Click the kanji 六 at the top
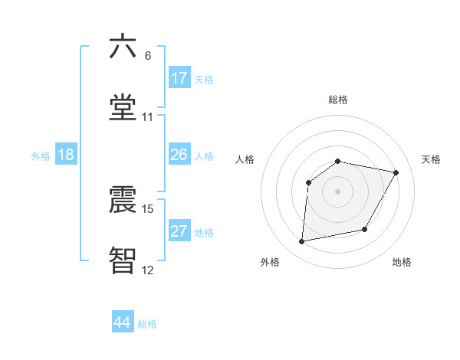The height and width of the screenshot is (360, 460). coord(123,47)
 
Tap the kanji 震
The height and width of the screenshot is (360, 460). coord(123,198)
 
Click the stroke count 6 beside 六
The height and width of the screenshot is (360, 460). coord(148,56)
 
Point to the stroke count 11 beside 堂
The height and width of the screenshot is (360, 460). coord(148,117)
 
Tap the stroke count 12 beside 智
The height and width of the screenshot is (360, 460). coord(148,270)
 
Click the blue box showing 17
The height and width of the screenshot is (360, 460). coord(179,78)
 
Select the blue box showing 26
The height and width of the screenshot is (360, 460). coord(179,155)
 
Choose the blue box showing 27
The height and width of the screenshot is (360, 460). coord(179,231)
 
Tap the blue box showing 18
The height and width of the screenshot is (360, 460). coord(66,155)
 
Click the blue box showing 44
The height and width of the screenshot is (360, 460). coord(123,322)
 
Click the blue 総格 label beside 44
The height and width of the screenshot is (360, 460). coord(147,324)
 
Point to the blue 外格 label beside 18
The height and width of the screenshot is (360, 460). coord(41,156)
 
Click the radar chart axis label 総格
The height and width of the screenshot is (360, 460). coord(338,100)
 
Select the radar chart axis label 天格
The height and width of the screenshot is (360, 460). coord(431,159)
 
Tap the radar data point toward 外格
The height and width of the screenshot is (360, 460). coord(302,242)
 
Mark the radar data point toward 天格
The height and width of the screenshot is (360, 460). coord(396,173)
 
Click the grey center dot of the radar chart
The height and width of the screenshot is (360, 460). coord(338,191)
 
